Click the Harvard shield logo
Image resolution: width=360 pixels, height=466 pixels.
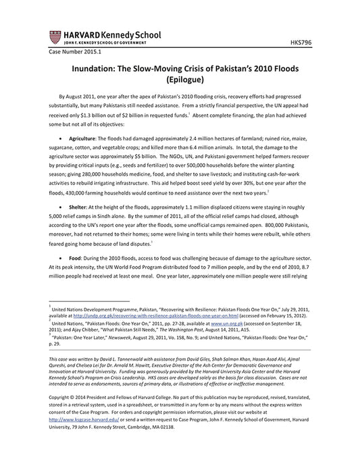53,38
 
